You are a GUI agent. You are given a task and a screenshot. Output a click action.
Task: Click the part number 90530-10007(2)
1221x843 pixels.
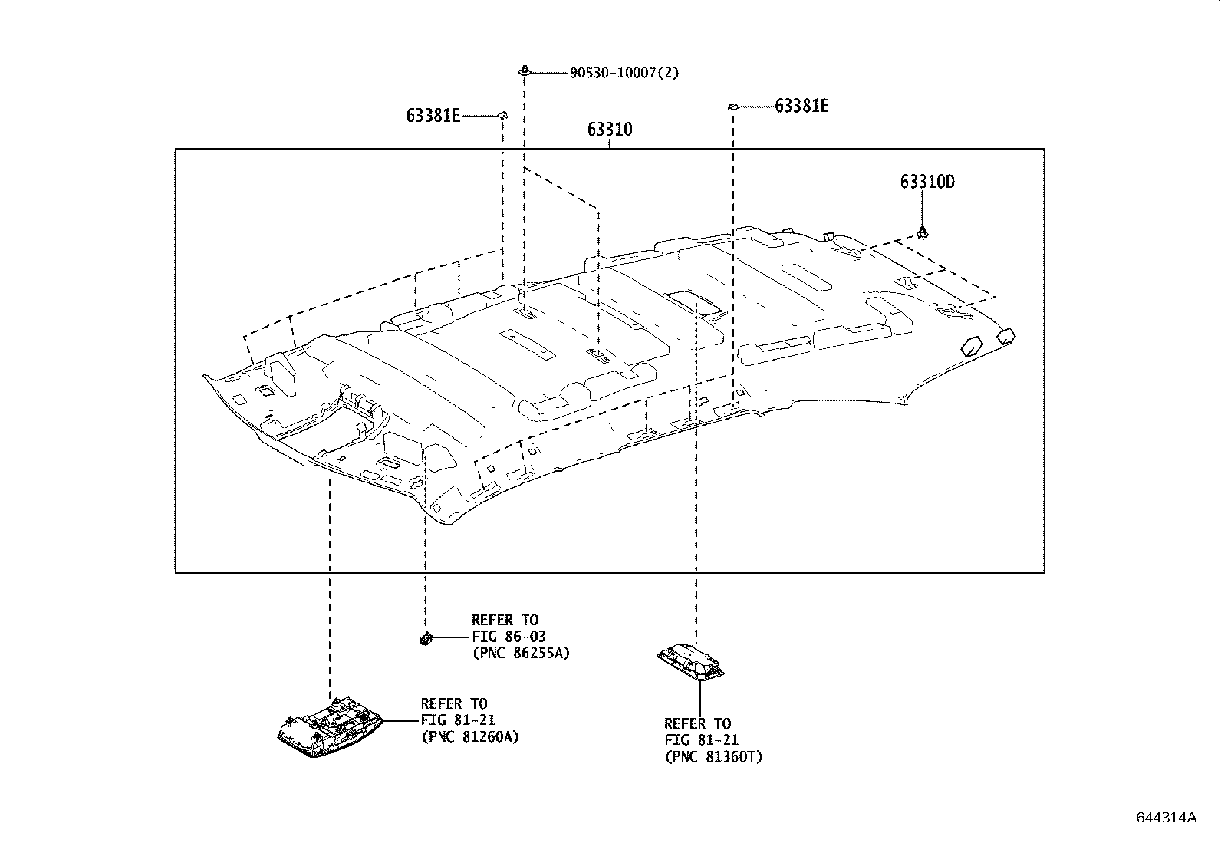point(624,73)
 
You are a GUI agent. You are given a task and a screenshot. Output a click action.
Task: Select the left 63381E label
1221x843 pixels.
point(433,117)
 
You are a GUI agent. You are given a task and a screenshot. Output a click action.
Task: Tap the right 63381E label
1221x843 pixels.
point(801,107)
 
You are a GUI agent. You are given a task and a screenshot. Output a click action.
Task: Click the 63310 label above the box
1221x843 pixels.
point(610,130)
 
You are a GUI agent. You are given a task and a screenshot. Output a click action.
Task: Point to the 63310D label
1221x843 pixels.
point(927,183)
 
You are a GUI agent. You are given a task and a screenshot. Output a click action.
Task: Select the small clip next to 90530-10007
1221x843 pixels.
point(524,71)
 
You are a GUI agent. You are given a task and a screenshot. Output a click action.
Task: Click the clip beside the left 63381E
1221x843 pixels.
point(503,115)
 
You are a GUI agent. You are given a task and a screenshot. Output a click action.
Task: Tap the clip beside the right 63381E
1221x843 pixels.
point(732,106)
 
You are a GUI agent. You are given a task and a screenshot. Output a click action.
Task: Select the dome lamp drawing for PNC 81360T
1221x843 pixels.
point(691,662)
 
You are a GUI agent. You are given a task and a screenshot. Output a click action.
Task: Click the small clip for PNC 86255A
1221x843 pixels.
point(426,637)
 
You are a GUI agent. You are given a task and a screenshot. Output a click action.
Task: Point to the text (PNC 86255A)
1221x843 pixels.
point(521,653)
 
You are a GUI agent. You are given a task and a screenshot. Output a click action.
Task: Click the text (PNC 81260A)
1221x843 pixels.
point(470,737)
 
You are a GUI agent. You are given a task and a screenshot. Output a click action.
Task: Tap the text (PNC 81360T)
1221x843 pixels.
point(713,757)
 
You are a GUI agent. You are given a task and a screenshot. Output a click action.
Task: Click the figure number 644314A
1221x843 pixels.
point(1166,817)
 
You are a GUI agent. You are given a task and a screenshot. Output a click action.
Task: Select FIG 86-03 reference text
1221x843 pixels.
point(508,637)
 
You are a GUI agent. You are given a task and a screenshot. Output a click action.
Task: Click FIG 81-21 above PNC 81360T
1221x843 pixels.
point(701,740)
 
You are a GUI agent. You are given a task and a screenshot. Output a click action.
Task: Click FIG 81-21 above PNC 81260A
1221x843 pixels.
point(458,720)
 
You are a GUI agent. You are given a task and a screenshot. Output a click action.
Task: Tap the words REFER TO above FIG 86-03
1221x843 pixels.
point(505,620)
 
